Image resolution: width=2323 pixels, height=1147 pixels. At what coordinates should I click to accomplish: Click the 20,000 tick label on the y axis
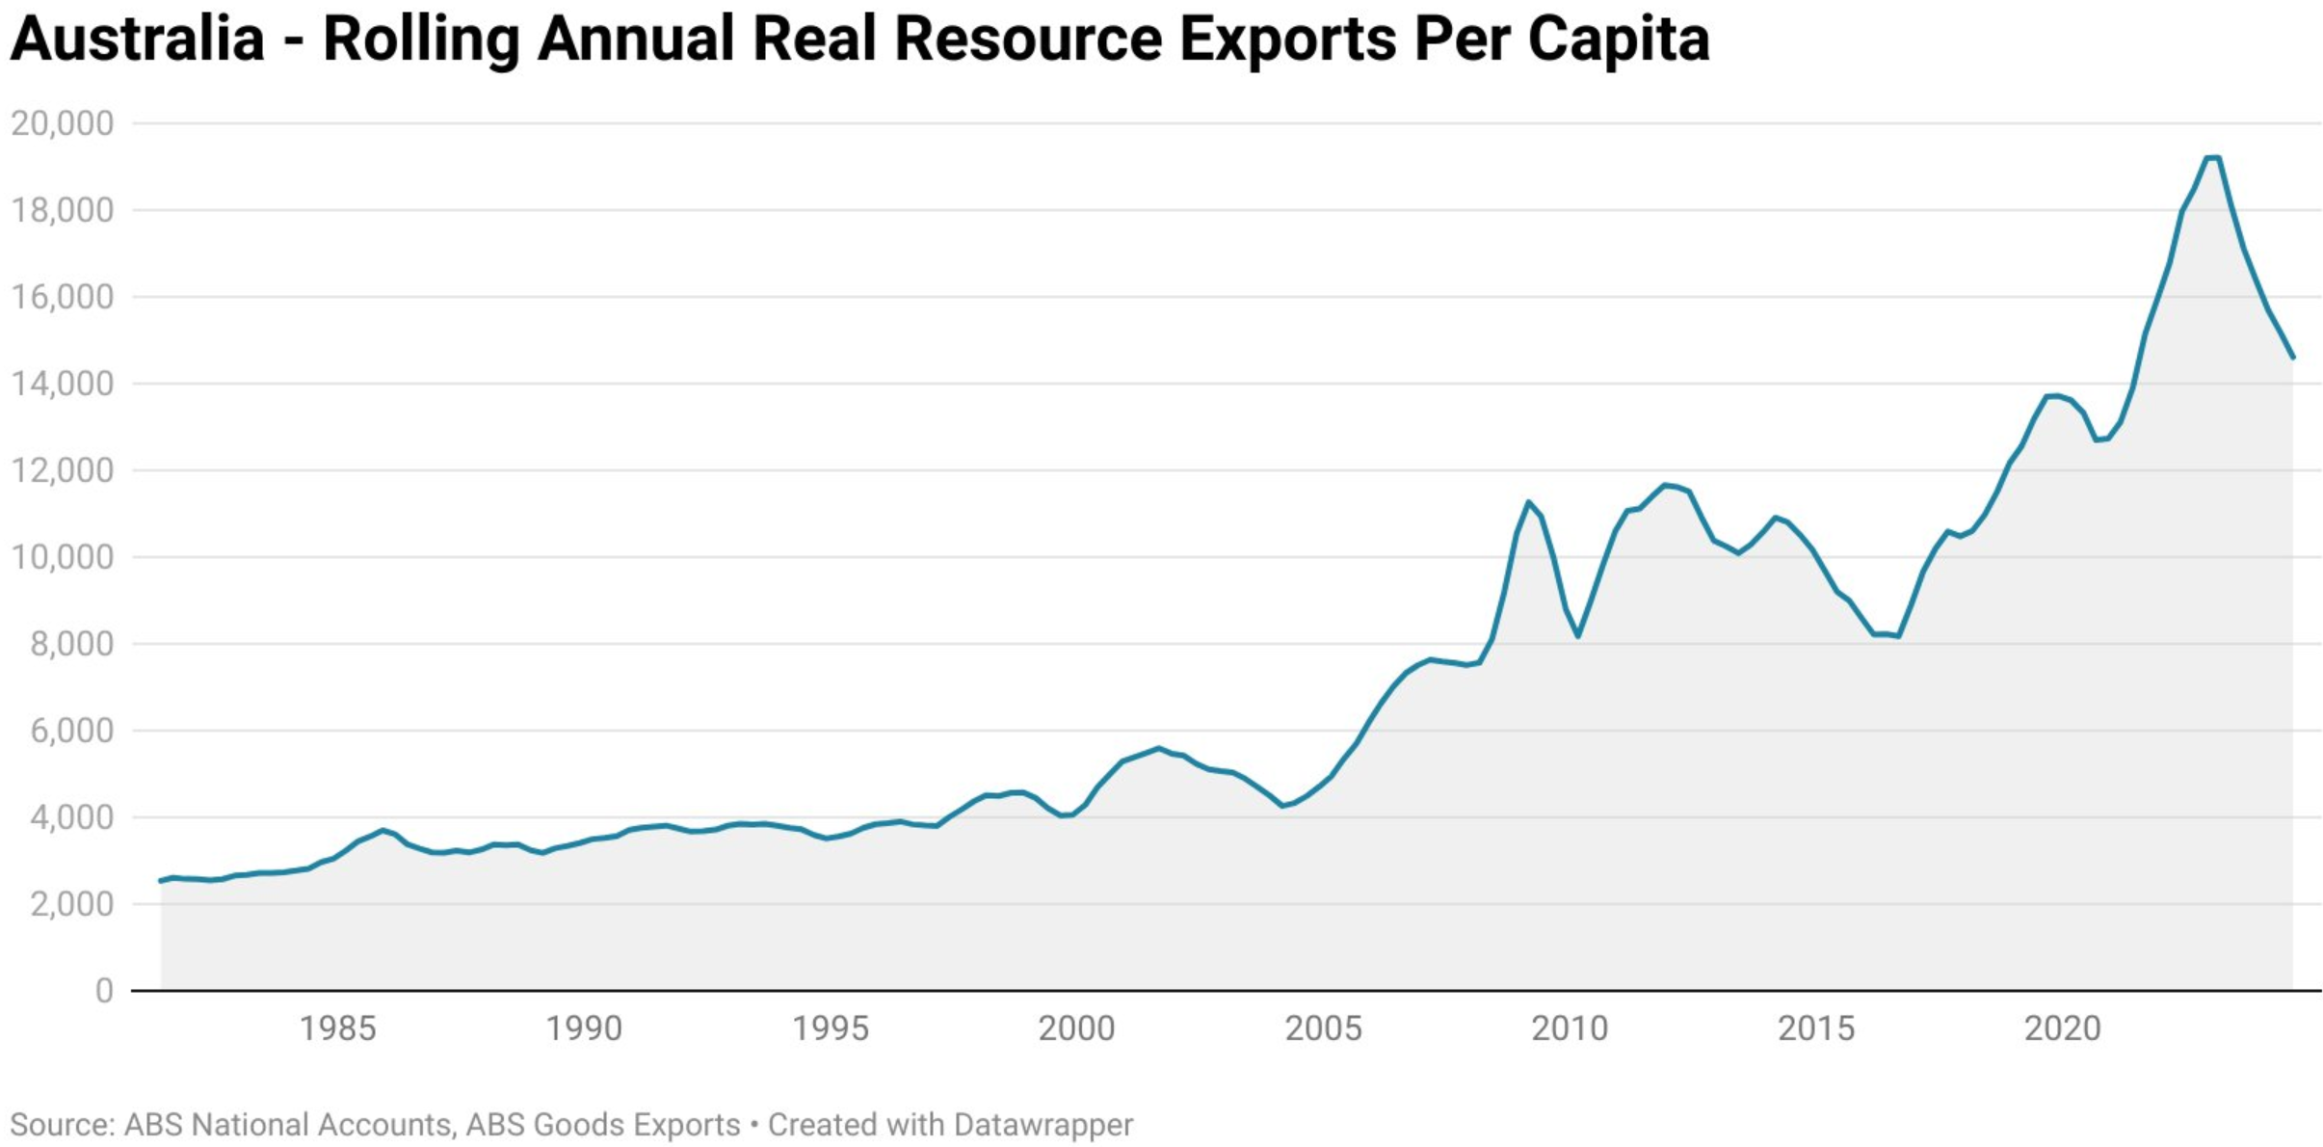coord(62,123)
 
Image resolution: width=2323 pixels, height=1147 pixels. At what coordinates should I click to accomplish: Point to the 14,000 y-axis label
coord(62,384)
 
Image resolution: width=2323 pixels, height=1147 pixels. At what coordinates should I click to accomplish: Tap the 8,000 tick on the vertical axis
coord(71,644)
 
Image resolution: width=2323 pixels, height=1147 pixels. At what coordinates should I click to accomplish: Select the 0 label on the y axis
coord(104,991)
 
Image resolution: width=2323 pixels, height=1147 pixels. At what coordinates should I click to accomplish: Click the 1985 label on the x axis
coord(336,1028)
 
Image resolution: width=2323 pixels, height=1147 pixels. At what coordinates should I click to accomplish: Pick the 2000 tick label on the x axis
coord(1076,1028)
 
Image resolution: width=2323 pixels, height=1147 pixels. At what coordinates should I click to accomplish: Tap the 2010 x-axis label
coord(1570,1028)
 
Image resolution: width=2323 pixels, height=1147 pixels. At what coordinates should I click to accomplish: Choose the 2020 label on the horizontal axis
coord(2062,1028)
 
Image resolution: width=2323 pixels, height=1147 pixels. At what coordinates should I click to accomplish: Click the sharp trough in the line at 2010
coord(1577,636)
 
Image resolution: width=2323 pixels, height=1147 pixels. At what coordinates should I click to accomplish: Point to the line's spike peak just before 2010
coord(1528,501)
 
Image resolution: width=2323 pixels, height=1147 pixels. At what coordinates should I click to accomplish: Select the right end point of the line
coord(2293,358)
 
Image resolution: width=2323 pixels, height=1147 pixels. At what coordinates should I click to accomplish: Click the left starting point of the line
coord(161,881)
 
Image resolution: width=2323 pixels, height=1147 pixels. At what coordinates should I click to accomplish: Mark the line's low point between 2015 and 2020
coord(1898,636)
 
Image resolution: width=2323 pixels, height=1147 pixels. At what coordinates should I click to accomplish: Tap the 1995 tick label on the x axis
coord(830,1028)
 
